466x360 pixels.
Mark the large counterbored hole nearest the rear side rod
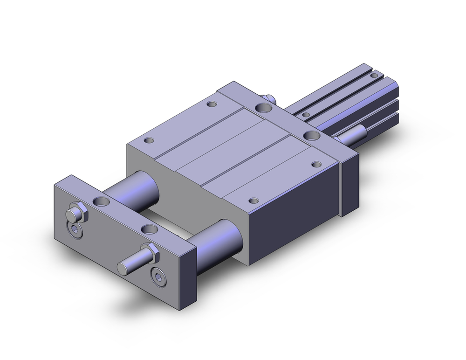[x=310, y=135]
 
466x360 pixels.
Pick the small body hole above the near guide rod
[x=253, y=201]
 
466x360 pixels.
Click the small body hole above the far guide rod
[x=150, y=140]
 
